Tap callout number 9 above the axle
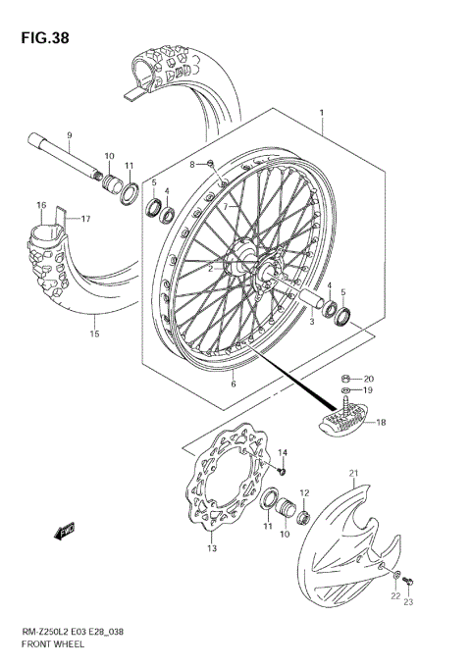70,134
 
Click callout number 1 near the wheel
320,114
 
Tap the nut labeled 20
347,379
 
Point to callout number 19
368,390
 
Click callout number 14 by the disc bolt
282,452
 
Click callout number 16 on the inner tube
41,205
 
